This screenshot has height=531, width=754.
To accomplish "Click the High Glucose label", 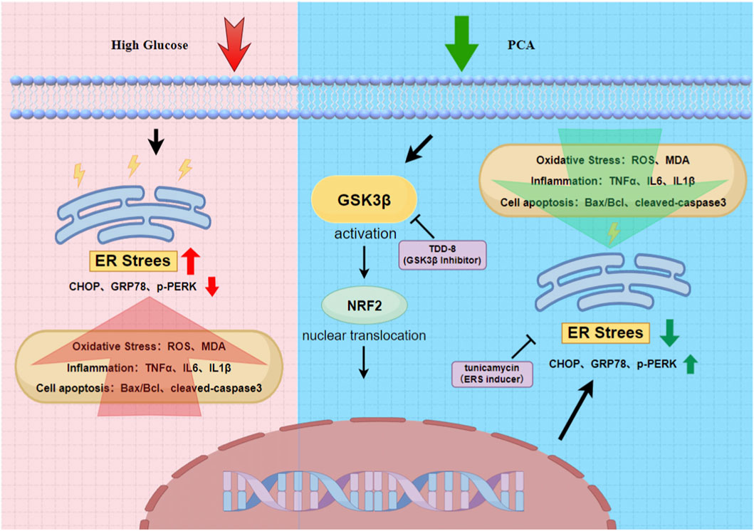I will tap(150, 46).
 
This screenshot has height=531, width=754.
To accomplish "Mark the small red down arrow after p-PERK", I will tap(211, 288).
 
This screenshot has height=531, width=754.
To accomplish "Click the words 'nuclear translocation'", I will tap(365, 335).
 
